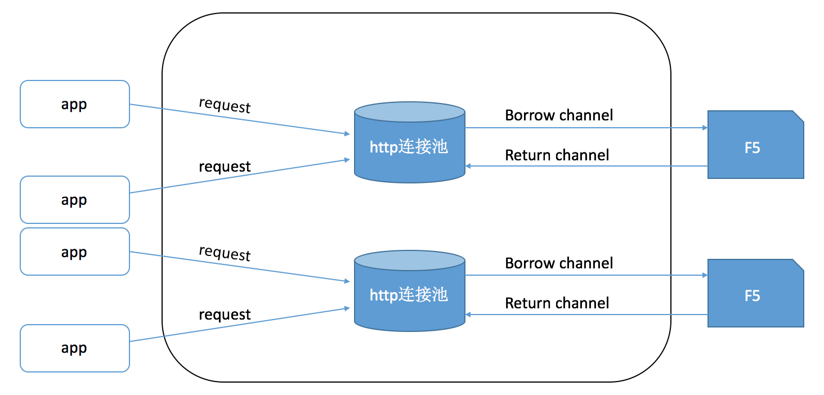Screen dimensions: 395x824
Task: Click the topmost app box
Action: pos(75,104)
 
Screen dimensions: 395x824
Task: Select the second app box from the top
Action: pos(75,200)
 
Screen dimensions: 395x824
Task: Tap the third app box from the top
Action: pos(75,252)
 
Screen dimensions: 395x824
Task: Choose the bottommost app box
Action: pos(75,348)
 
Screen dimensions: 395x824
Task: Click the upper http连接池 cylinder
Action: pos(409,147)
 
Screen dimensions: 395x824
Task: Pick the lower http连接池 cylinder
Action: pos(409,295)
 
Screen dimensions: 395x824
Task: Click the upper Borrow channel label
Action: pos(558,115)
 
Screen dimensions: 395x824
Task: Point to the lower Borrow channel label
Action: pos(558,263)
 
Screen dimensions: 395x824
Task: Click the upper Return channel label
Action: pos(557,155)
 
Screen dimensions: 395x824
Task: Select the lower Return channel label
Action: pos(557,303)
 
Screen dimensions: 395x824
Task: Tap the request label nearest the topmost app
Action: pos(225,105)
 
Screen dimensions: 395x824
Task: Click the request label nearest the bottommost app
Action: pos(225,315)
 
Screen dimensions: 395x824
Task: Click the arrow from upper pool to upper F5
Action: pos(585,128)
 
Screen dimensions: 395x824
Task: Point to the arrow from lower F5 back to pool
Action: pos(585,315)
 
